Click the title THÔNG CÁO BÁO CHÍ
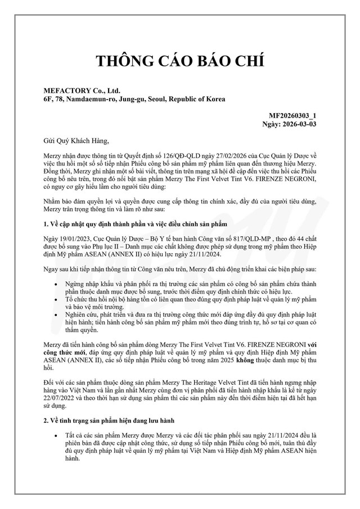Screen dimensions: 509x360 (180, 61)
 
